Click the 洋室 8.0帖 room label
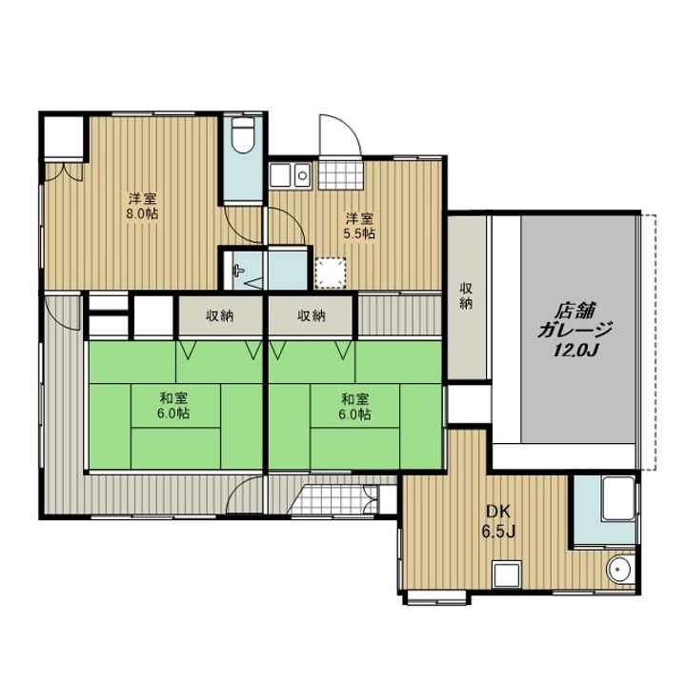pyautogui.click(x=143, y=206)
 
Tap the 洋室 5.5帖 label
pyautogui.click(x=359, y=225)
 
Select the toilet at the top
pyautogui.click(x=243, y=134)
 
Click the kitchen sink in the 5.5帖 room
pyautogui.click(x=290, y=176)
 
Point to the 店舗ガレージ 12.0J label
pyautogui.click(x=574, y=331)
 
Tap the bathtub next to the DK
pyautogui.click(x=618, y=498)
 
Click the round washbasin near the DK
pyautogui.click(x=619, y=570)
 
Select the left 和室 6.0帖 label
pyautogui.click(x=173, y=406)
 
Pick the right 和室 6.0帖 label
pyautogui.click(x=355, y=406)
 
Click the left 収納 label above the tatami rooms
pyautogui.click(x=220, y=316)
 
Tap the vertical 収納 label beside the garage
pyautogui.click(x=466, y=296)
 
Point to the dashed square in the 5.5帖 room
pyautogui.click(x=331, y=273)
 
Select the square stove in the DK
pyautogui.click(x=507, y=575)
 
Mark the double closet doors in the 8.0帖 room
pyautogui.click(x=65, y=171)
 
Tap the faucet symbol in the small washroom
pyautogui.click(x=237, y=271)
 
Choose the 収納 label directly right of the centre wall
pyautogui.click(x=311, y=316)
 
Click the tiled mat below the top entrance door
pyautogui.click(x=341, y=175)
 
